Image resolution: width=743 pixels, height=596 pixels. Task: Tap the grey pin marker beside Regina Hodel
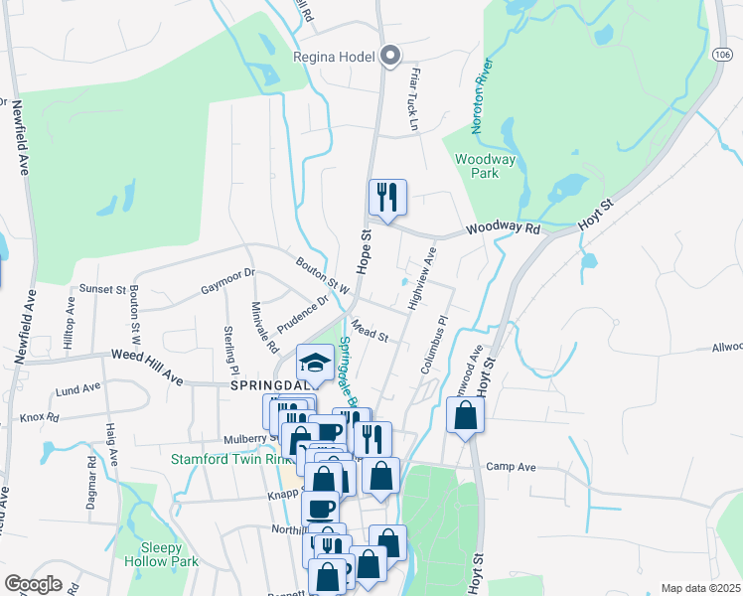390,56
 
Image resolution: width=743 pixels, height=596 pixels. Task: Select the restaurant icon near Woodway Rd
386,197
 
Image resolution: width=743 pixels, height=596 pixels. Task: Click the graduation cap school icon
316,364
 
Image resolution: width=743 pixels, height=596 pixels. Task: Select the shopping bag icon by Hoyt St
465,415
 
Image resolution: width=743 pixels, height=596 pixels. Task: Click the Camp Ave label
511,467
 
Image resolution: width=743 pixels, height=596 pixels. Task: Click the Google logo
33,584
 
